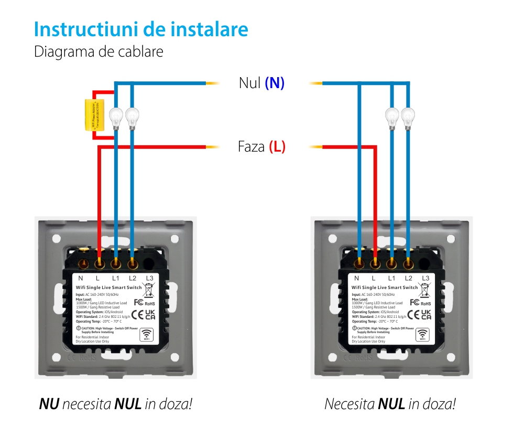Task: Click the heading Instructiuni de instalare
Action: click(141, 29)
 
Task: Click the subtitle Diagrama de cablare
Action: click(99, 52)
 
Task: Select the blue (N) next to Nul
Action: click(275, 83)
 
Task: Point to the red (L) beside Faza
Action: click(277, 146)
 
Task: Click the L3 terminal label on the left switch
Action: click(149, 278)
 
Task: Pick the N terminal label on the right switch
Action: click(357, 278)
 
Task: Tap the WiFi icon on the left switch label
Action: click(147, 335)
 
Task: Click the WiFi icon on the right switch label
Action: click(422, 334)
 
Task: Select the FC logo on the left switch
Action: click(139, 302)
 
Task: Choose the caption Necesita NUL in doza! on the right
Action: click(390, 404)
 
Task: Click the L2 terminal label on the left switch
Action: click(133, 278)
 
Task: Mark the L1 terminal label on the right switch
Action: click(391, 278)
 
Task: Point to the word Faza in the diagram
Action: click(252, 146)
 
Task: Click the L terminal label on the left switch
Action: click(98, 278)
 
